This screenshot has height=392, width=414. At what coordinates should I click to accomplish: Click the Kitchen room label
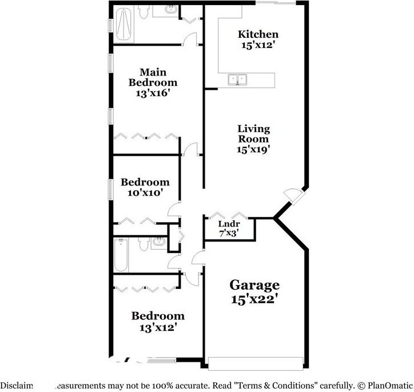(258, 34)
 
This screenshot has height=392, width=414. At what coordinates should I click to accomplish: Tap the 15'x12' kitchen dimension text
(258, 45)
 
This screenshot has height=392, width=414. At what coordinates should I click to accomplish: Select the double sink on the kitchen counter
(237, 79)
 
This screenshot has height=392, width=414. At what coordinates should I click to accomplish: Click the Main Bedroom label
(153, 77)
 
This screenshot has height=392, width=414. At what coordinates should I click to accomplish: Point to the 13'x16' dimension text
(153, 92)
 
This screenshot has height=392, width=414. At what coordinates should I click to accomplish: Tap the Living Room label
(253, 134)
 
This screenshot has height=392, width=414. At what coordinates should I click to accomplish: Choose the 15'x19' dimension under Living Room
(253, 149)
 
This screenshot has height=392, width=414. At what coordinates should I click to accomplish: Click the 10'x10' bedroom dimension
(145, 193)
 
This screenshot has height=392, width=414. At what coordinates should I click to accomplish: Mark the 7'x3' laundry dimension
(229, 233)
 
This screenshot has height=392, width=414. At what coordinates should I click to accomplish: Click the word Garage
(254, 284)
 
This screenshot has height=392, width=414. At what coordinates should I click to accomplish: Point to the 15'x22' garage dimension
(254, 298)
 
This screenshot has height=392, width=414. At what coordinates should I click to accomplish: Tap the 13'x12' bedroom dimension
(158, 327)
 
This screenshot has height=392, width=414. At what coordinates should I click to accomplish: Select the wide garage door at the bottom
(256, 363)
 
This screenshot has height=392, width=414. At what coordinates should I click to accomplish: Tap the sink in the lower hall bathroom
(158, 243)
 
